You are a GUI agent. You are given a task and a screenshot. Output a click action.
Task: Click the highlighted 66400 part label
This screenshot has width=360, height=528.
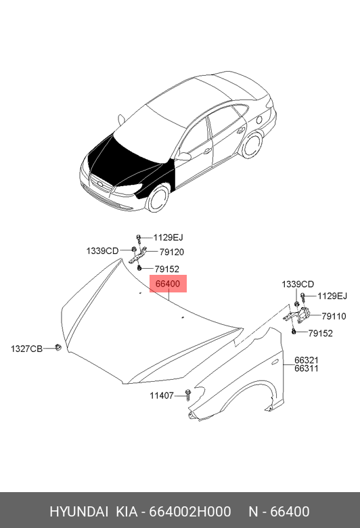[x=168, y=284]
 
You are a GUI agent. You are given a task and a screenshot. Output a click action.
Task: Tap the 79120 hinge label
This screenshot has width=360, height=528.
[x=172, y=252]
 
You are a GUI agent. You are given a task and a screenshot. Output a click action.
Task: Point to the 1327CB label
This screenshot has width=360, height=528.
[x=26, y=349]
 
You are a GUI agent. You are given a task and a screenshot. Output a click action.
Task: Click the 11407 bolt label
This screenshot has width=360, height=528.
[x=162, y=395]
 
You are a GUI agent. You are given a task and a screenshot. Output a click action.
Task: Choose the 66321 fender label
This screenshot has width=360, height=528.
[x=307, y=360]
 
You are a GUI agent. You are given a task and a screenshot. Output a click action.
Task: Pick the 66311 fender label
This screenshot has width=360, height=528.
[x=307, y=368]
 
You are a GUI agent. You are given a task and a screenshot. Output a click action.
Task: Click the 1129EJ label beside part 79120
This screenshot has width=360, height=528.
[x=168, y=238]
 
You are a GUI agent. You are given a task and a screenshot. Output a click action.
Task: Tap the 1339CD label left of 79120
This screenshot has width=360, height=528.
[x=102, y=251]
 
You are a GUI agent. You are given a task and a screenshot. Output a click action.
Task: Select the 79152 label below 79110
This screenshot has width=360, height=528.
[x=320, y=333]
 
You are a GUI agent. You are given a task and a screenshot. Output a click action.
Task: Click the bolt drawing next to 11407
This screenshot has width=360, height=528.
[x=188, y=395]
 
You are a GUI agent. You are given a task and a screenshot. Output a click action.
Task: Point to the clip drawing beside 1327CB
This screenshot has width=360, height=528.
[x=58, y=347]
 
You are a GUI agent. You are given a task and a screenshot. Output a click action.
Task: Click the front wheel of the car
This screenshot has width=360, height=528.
[x=158, y=198]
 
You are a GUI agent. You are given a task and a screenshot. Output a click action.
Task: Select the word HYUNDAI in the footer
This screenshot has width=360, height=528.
[x=78, y=512]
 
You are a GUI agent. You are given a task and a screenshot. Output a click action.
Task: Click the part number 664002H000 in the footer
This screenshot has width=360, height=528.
[x=190, y=512]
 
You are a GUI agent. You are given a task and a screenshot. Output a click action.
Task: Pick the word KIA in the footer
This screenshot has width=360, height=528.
[x=127, y=512]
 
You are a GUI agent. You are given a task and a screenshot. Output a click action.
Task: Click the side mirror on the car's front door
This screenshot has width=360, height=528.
[x=183, y=156]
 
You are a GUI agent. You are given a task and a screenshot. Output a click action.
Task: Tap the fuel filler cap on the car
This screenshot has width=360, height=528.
[x=259, y=120]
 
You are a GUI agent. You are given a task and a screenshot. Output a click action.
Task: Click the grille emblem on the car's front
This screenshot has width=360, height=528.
[x=100, y=184]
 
